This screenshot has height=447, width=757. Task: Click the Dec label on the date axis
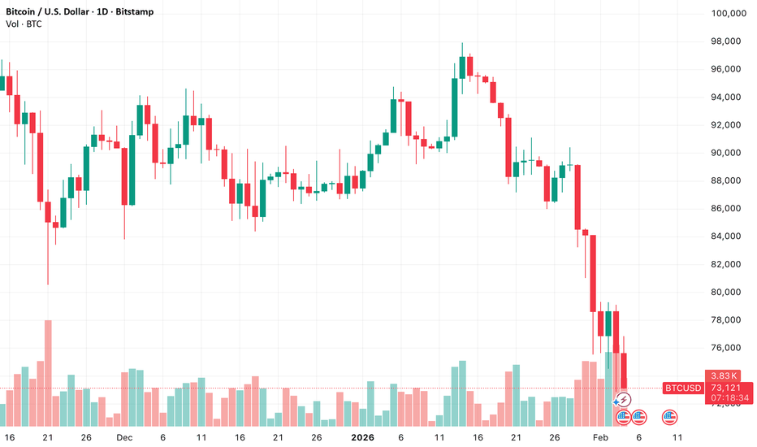[x=123, y=437]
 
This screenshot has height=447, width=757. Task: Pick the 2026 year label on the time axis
[x=361, y=437]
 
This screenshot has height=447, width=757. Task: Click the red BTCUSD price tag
[x=682, y=388]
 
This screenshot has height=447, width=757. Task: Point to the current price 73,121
[x=725, y=388]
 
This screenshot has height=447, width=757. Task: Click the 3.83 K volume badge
[x=725, y=375]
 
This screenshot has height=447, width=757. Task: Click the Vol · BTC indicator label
[x=24, y=24]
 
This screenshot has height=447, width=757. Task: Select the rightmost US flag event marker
[x=669, y=417]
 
